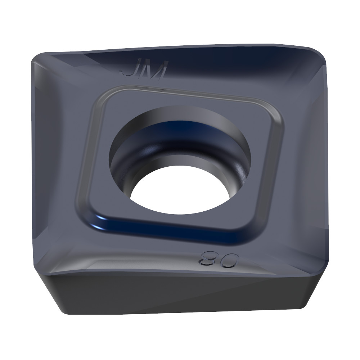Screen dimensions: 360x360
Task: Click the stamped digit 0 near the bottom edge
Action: tap(228, 260)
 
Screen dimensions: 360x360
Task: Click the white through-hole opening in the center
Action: tap(180, 191)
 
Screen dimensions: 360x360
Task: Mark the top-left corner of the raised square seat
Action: tap(99, 94)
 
